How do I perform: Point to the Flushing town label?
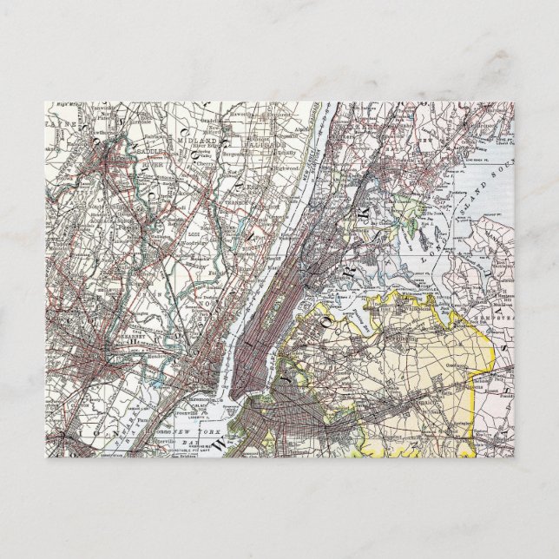(400, 305)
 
